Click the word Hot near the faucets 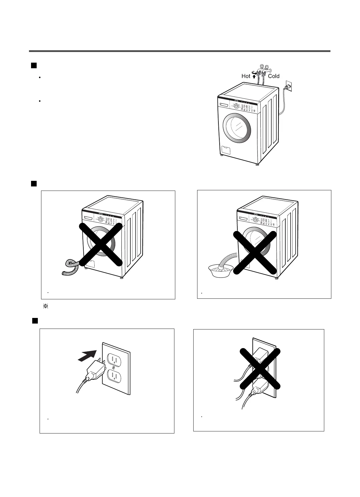246,76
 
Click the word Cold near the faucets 274,76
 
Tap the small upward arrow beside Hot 254,77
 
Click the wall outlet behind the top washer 289,86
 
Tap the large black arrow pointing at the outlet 87,355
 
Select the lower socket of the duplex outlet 115,376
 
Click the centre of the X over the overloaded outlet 260,368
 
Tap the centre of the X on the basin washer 255,252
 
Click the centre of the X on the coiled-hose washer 101,244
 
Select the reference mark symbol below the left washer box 46,306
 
